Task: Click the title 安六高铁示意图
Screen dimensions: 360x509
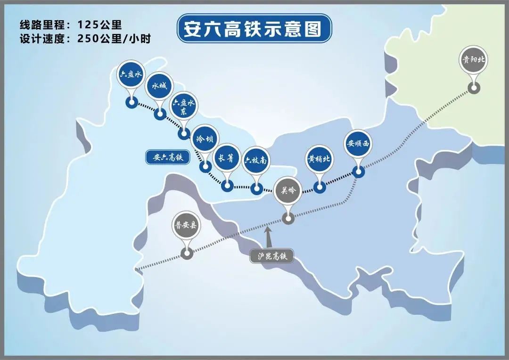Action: point(254,29)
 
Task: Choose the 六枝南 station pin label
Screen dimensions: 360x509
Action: point(256,161)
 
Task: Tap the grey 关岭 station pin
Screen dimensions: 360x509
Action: point(287,190)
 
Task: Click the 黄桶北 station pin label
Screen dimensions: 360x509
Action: point(319,159)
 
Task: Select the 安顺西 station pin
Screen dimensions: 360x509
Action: point(358,143)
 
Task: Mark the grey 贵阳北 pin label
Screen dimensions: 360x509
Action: point(473,60)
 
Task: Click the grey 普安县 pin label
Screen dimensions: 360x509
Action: point(186,225)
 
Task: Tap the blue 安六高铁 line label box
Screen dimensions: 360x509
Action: point(167,157)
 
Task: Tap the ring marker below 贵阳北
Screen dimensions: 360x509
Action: point(473,87)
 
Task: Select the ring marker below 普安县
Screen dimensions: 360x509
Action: point(187,254)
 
